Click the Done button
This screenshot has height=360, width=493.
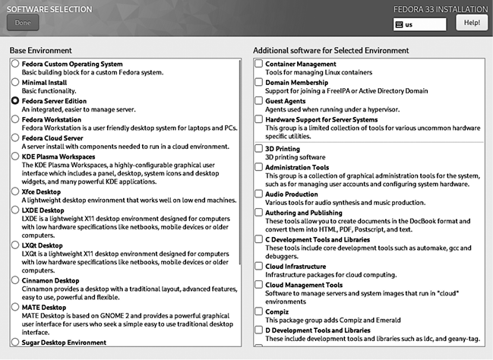22,23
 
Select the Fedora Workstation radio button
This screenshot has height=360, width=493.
15,119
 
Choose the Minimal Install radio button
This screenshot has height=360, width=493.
15,82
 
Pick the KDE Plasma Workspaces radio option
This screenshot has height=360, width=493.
15,156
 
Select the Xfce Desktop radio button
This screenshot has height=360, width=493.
15,193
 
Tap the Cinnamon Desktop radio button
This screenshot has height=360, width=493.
15,279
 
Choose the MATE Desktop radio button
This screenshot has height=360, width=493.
15,307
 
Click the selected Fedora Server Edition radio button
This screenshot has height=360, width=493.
15,100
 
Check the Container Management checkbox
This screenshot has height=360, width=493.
259,64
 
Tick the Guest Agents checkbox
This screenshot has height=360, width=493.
259,100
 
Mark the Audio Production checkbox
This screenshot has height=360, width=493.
259,194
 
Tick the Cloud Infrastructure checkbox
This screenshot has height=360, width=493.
259,267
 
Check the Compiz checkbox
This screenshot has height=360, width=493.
259,311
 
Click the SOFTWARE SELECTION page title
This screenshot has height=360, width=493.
49,9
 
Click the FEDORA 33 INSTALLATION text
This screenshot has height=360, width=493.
442,9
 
